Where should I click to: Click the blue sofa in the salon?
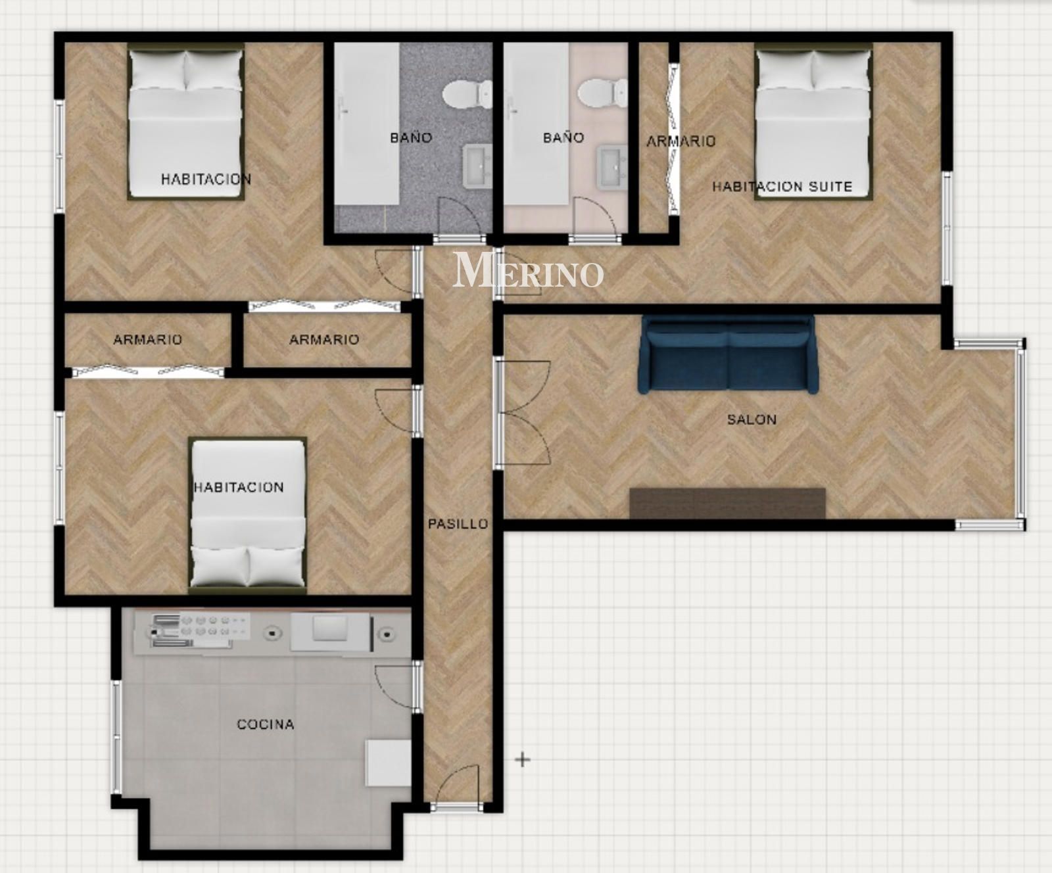coord(728,355)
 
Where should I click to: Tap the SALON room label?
coord(752,419)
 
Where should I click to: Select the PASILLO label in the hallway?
coord(458,524)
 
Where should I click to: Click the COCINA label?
coord(265,724)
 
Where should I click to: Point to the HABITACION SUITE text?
coord(782,187)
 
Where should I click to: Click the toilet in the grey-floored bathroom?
coord(467,94)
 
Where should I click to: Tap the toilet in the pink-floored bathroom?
coord(606,93)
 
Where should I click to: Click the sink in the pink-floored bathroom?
coord(611,167)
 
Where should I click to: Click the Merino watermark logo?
coord(528,270)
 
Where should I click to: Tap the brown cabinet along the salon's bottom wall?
coord(727,503)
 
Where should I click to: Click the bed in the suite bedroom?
coord(813,122)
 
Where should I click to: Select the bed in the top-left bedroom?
coord(185,122)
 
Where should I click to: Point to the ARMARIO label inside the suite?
coord(681,141)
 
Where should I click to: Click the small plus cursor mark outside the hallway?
coord(523,760)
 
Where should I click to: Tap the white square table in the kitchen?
coord(388,763)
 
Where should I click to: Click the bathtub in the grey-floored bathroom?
coord(366,124)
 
